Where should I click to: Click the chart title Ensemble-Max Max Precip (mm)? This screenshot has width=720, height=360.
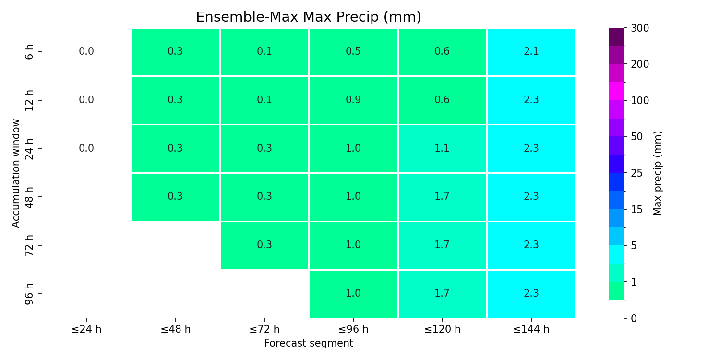tap(309, 17)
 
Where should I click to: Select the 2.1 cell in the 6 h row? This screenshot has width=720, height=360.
tap(531, 52)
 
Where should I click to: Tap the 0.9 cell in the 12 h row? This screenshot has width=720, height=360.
tap(353, 100)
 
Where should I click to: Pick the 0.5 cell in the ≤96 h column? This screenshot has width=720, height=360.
tap(353, 52)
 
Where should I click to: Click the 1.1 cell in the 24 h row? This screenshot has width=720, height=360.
tap(442, 149)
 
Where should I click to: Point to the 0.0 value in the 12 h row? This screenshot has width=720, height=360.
tap(86, 100)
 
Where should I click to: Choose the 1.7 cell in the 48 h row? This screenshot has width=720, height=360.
tap(442, 197)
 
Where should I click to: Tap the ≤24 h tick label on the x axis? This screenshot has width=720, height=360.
tap(86, 329)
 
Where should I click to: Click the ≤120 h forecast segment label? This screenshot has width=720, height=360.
tap(442, 329)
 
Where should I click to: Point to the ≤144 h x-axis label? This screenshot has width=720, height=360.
tap(531, 329)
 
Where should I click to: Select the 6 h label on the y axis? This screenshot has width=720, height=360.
tap(29, 52)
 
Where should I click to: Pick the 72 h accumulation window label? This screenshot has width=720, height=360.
tap(29, 245)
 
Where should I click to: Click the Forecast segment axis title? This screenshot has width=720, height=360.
tap(309, 343)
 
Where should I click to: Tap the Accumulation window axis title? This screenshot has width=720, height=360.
tap(15, 173)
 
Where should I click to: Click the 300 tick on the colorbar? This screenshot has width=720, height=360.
tap(640, 28)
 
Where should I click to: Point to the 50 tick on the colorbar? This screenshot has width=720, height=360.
tap(637, 137)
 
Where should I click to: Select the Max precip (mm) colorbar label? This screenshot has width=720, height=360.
tap(657, 173)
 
